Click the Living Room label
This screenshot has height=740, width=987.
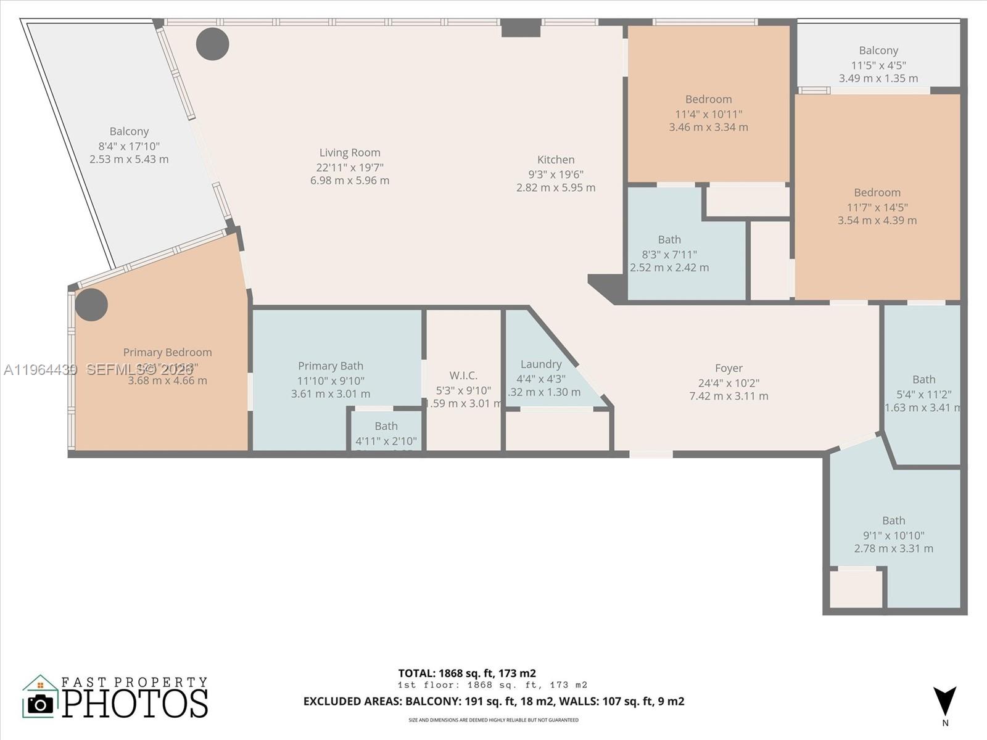coord(350,152)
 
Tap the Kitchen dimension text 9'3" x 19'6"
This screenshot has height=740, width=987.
coord(556,174)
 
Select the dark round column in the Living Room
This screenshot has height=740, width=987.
coord(213,44)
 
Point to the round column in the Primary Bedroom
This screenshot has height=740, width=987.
coord(91,304)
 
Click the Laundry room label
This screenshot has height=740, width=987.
coord(541,364)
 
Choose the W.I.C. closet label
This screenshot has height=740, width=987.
coord(463,375)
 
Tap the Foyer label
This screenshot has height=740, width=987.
coord(729,368)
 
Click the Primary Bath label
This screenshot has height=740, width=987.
coord(331,366)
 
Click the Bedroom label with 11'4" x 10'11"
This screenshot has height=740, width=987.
coord(708,99)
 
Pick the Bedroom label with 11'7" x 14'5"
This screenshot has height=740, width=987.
coord(877,192)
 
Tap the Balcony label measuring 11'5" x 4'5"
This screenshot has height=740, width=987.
coord(878,51)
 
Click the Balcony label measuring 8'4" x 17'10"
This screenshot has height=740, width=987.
coord(129,131)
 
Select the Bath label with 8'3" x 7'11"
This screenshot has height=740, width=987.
coord(669,239)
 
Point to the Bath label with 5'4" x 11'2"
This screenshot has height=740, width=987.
coord(923,379)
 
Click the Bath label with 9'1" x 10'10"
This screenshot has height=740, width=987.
coord(893,520)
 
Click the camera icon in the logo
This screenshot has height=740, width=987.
coord(41,704)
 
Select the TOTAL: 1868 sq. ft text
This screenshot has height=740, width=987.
coord(467,673)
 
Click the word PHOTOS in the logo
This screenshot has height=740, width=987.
coord(135,704)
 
